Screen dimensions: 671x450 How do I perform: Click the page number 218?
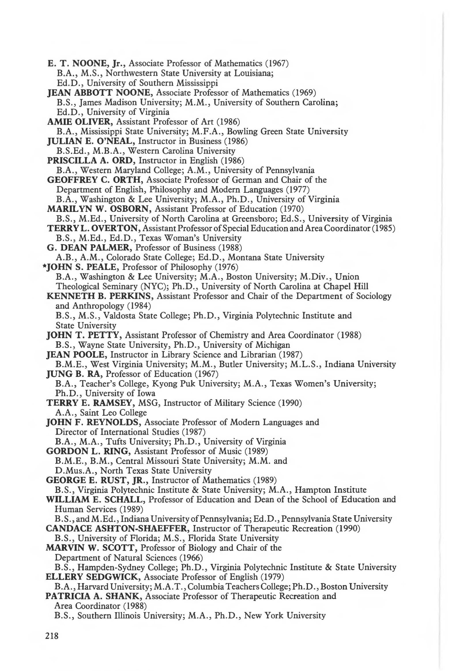click(52, 636)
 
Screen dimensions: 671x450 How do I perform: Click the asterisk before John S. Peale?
click(44, 267)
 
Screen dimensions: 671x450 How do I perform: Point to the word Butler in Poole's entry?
click(229, 364)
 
